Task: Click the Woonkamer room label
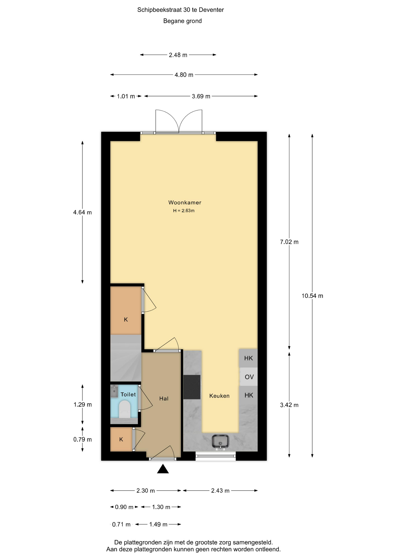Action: point(185,202)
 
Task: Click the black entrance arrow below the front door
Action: point(163,469)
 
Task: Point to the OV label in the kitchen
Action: point(249,377)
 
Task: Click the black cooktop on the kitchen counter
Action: point(192,387)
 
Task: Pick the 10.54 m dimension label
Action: point(312,296)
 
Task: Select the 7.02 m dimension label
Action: point(289,242)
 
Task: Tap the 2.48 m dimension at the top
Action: point(178,55)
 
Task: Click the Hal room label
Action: point(164,398)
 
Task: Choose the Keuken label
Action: point(219,396)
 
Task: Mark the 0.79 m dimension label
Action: point(83,440)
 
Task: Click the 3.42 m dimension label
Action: point(289,405)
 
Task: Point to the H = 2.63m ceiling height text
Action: point(184,211)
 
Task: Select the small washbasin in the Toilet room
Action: point(114,391)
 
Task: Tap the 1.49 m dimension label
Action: point(158,524)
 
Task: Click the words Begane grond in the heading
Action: point(183,21)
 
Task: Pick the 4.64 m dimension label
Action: point(83,212)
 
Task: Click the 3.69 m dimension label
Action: point(201,96)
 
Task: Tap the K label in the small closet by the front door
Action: point(121,439)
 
